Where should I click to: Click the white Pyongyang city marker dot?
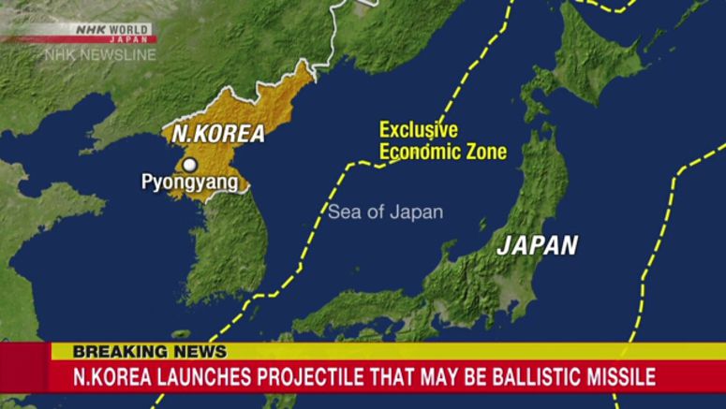click(190, 166)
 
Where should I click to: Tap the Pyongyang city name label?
click(189, 183)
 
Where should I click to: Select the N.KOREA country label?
click(217, 134)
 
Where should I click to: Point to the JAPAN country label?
click(537, 245)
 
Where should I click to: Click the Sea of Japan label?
click(385, 212)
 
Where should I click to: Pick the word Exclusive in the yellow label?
click(418, 131)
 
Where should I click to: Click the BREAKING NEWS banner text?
click(150, 353)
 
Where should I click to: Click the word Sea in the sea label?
click(343, 212)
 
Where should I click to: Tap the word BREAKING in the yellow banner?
click(115, 353)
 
